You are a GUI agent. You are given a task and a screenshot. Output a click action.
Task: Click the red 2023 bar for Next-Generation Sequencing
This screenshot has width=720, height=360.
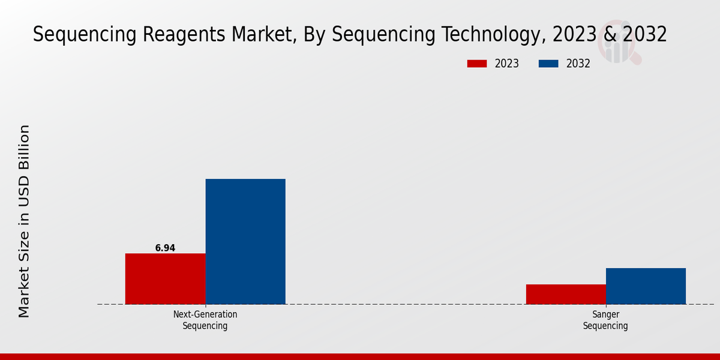pos(165,278)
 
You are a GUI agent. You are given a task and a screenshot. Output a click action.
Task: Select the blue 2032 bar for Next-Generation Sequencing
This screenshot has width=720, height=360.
pos(245,241)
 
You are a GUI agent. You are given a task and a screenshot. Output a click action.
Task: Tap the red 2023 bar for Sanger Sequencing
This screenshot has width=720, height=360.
pos(566,294)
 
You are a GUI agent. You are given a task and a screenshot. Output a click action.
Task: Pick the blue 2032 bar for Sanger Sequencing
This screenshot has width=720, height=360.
pos(646,286)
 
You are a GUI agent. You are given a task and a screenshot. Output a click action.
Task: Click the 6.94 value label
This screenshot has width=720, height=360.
pos(165,248)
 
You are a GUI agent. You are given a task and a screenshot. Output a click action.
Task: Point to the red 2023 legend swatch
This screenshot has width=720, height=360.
pos(477,64)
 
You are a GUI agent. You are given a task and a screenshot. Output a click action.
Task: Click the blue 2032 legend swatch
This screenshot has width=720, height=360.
pos(548,64)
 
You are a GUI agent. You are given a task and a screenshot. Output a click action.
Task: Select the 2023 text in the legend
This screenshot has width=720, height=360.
pos(506,64)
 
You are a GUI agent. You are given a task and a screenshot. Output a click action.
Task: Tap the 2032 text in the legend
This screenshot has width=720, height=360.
pos(578,64)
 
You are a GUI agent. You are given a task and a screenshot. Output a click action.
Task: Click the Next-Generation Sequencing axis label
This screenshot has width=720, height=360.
pos(205,320)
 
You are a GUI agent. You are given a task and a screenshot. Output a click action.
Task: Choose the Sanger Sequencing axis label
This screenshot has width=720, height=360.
pos(605,320)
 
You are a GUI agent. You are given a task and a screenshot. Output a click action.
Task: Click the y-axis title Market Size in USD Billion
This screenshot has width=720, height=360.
pos(24,221)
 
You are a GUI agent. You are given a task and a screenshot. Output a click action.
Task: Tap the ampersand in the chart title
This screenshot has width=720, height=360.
pos(609,35)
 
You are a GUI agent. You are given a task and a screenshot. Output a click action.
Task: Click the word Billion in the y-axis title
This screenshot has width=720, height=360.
pos(24,149)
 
